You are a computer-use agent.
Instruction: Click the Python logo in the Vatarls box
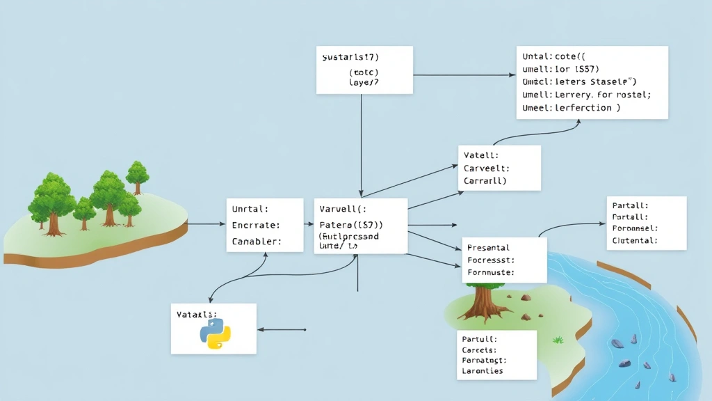tap(215, 334)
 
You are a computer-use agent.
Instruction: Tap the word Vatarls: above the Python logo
tap(197, 315)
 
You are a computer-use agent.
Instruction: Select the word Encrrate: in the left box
tap(256, 225)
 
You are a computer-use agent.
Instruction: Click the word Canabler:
tap(257, 242)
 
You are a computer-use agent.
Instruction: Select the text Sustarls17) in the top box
tap(355, 56)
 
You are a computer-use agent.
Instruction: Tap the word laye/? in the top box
tap(364, 81)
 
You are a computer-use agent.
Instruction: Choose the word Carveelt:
tap(487, 168)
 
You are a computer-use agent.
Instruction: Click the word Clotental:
tap(636, 240)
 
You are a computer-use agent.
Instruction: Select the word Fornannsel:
tap(636, 228)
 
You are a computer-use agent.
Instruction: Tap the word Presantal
tap(488, 247)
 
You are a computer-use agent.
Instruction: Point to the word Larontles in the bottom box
tap(482, 371)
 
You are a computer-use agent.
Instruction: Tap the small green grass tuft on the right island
tap(558, 340)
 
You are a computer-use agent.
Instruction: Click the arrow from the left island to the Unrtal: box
tap(207, 224)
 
